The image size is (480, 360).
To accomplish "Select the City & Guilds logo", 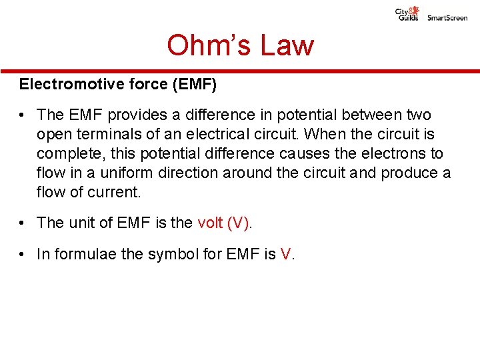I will (x=407, y=15).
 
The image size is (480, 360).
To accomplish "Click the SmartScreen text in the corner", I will (x=447, y=18).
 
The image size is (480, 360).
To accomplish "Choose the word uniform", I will (x=113, y=173).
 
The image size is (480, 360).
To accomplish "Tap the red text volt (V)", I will (x=223, y=223).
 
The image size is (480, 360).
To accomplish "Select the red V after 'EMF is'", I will (x=285, y=254).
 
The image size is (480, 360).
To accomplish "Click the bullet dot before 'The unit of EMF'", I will (x=23, y=223).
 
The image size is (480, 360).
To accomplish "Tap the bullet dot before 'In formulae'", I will (x=23, y=254).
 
